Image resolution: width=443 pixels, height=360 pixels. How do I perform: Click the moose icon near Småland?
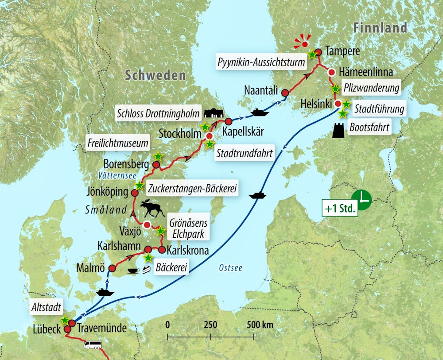(x=152, y=208)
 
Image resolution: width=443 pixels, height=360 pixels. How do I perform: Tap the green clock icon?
(x=361, y=200)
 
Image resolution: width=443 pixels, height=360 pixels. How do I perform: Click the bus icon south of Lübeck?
(x=93, y=345)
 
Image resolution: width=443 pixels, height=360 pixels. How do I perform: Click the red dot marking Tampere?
(x=318, y=52)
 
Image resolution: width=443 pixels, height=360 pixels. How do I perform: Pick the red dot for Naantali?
(x=285, y=93)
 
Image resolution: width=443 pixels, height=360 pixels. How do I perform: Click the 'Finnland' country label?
(x=380, y=27)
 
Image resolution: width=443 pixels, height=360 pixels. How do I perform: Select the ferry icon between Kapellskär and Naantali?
(x=260, y=112)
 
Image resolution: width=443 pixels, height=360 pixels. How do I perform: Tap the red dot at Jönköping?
(x=136, y=193)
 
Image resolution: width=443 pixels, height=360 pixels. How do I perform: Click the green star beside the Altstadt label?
(x=65, y=320)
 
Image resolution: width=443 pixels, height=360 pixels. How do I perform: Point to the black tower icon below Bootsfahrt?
(x=339, y=130)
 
